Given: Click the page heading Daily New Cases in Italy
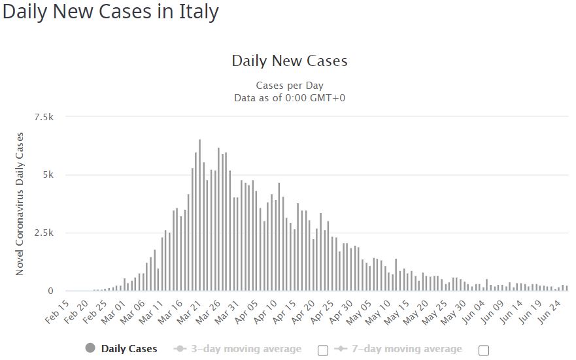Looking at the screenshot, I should point(110,12).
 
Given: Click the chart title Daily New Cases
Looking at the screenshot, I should point(289,61).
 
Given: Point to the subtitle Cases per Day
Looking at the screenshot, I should point(289,86).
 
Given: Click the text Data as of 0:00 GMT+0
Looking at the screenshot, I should point(289,98).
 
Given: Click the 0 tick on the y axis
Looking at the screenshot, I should point(50,291).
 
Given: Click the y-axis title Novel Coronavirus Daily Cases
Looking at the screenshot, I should point(20,204).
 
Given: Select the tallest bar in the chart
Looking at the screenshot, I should point(199,215).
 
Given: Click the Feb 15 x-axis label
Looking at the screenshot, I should point(56,312).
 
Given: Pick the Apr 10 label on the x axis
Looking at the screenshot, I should point(265,312).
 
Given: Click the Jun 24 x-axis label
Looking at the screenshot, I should point(553,312).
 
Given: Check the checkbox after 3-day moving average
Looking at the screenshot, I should point(322,350).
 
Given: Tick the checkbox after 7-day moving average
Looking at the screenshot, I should point(484,350).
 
